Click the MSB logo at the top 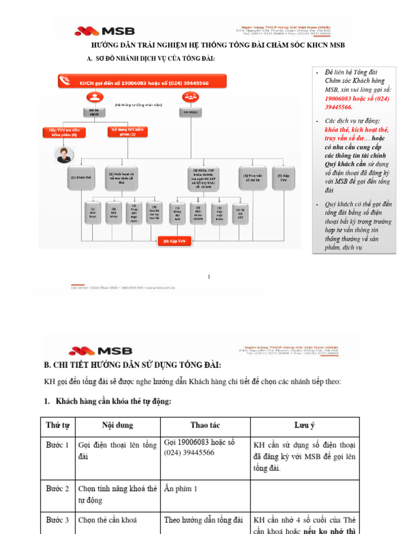click(x=105, y=31)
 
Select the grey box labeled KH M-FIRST click(x=94, y=112)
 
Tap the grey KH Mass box click(x=189, y=112)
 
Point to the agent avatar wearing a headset click(x=65, y=154)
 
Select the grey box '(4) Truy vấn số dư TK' click(x=252, y=177)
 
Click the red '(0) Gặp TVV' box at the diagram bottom click(x=174, y=241)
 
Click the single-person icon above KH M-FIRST click(x=94, y=97)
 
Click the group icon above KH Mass click(x=189, y=97)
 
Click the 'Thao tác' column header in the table click(x=205, y=426)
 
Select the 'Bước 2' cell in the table click(x=57, y=489)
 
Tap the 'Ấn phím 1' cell click(x=181, y=489)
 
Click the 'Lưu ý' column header click(x=304, y=426)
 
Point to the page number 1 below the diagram click(x=209, y=276)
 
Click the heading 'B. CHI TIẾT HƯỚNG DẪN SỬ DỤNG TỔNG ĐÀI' click(x=133, y=363)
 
